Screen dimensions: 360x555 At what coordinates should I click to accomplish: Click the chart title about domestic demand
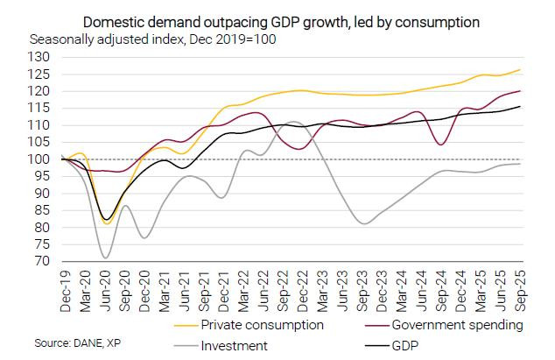tap(281, 20)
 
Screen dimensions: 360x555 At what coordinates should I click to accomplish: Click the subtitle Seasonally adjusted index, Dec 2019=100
tap(153, 40)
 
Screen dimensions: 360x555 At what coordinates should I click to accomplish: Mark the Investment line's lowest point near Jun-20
tap(105, 258)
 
